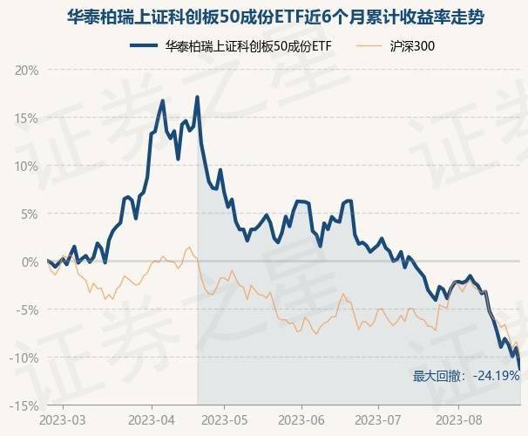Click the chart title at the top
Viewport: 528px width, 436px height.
pos(264,17)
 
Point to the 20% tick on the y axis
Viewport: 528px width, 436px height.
pos(25,70)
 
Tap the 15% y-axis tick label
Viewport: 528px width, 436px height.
pos(25,118)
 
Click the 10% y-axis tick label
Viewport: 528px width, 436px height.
pos(25,166)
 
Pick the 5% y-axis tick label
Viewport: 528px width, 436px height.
pos(28,214)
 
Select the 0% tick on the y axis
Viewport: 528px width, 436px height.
pos(28,262)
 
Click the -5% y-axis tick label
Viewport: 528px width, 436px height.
pos(26,310)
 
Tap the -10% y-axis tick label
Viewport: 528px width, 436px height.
pos(24,358)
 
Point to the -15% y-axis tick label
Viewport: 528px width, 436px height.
pos(24,405)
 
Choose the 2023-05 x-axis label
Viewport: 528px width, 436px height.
pos(224,420)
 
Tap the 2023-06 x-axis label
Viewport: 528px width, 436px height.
pos(301,420)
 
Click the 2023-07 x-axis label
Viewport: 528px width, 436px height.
pos(378,420)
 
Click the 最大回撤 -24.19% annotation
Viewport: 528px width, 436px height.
pos(466,376)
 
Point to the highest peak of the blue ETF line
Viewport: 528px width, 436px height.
pos(198,97)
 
